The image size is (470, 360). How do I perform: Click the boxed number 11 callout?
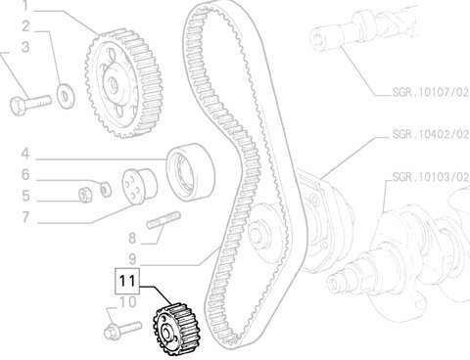[127, 281]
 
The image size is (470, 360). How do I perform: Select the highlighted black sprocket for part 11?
[176, 330]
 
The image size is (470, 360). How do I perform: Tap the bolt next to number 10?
[122, 330]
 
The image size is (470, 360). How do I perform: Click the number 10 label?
[127, 302]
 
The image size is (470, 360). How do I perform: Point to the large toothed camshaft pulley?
[123, 83]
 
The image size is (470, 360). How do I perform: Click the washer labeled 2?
[66, 96]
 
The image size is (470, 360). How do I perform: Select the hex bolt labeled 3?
[30, 105]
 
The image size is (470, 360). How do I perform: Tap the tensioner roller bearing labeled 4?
[191, 172]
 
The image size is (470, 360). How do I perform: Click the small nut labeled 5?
[86, 196]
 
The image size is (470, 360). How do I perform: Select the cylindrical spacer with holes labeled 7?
[139, 187]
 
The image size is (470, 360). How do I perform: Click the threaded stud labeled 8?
[164, 220]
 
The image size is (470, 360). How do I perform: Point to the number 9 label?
[132, 259]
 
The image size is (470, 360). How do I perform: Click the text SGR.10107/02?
[430, 92]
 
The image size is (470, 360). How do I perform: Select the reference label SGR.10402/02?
[430, 134]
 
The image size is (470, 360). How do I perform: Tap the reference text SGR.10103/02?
[430, 177]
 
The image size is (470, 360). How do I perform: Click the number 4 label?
[25, 154]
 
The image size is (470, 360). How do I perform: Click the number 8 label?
[132, 239]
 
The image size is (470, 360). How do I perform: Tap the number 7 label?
[25, 217]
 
